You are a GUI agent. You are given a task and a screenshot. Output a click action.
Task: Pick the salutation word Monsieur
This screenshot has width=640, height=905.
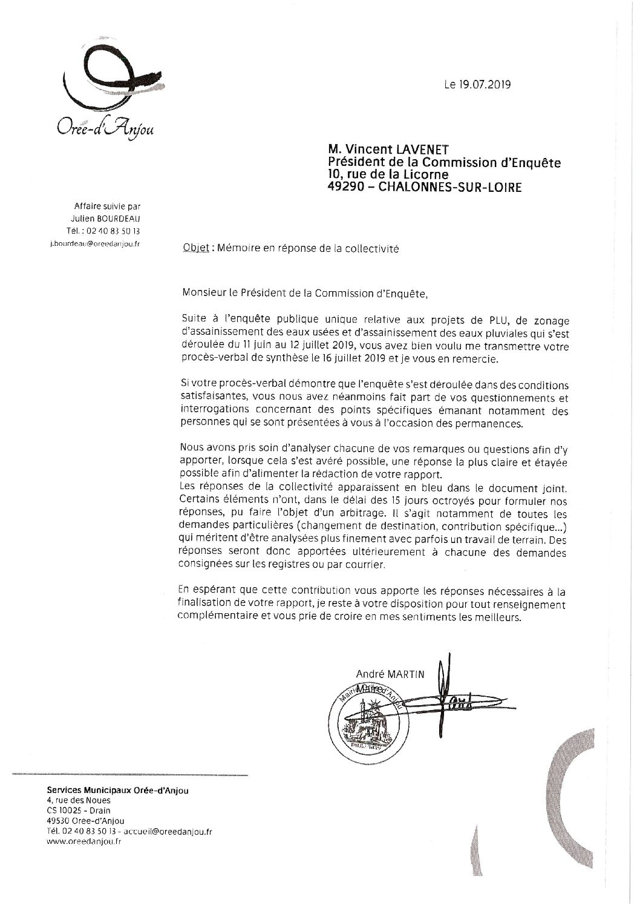204,294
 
